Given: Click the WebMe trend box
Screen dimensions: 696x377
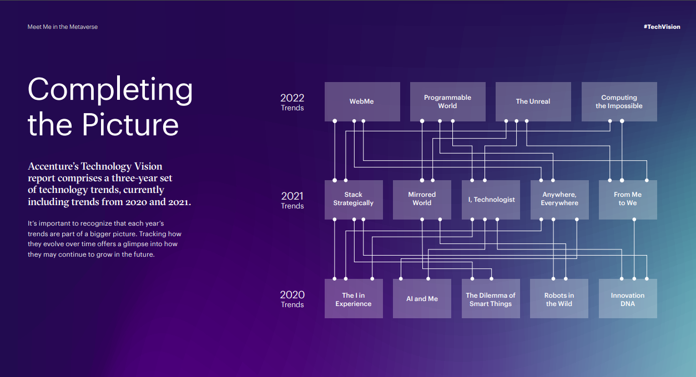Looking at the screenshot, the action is (x=362, y=101).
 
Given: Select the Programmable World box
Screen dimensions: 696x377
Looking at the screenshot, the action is (x=448, y=101).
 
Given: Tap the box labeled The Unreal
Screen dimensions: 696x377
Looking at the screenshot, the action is (x=533, y=101).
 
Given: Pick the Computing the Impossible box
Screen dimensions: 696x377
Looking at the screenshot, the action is (x=619, y=101).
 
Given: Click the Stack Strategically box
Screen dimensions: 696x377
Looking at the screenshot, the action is (x=354, y=200).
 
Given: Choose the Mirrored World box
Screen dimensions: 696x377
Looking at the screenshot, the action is (x=422, y=200).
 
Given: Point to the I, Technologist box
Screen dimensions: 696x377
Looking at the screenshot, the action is (x=491, y=200).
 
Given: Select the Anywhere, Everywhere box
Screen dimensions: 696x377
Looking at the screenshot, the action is (x=559, y=200).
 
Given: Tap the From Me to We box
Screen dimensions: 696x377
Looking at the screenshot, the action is (x=628, y=200).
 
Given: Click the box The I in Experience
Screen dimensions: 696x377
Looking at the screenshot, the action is (x=354, y=298).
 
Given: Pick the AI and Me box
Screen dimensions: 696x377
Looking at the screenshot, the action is (x=422, y=298).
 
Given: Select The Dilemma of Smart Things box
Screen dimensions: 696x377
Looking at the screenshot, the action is (x=491, y=298).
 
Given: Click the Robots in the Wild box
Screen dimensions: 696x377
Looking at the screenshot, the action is (x=559, y=298).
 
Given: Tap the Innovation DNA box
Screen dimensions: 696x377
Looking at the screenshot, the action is (x=628, y=298).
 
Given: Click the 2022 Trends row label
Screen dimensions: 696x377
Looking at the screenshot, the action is (x=292, y=102).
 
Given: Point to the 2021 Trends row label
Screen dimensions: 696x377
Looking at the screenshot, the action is (x=292, y=200).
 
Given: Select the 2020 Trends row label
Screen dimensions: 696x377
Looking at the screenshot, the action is (x=292, y=299).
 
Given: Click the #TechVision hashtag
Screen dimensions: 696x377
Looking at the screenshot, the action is (x=662, y=27).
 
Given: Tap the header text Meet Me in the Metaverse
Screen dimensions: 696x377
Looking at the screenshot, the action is (x=63, y=27).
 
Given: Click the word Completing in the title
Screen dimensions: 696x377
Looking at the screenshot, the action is (x=110, y=90).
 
